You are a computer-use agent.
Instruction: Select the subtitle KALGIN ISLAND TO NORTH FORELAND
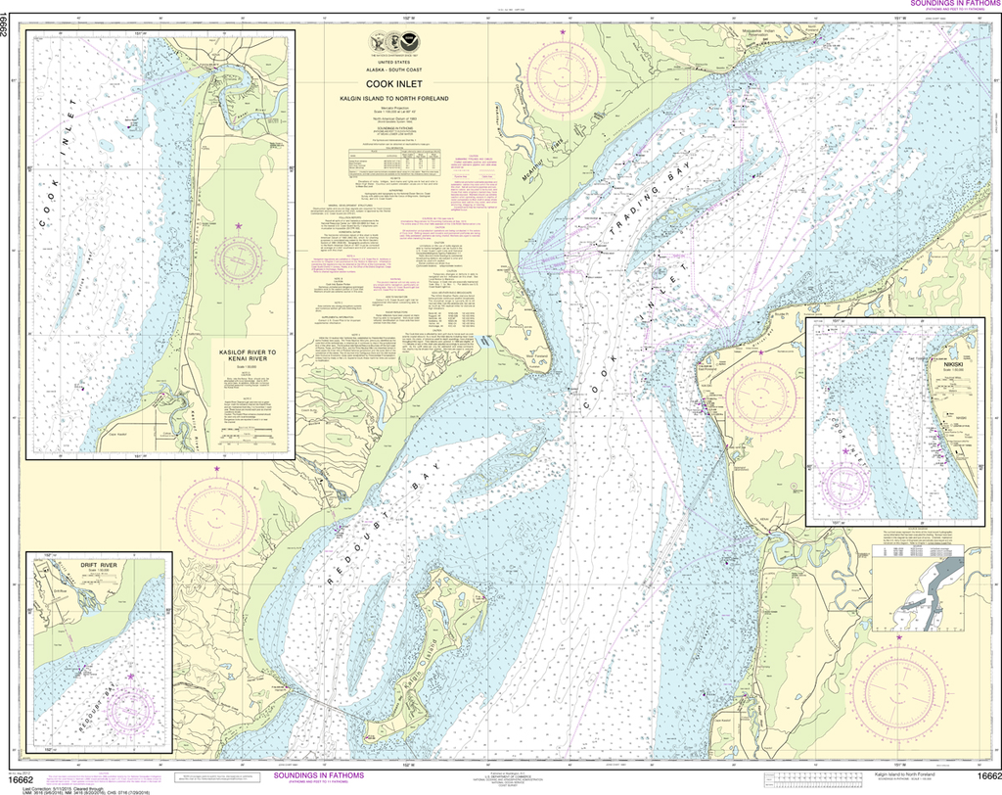(x=407, y=99)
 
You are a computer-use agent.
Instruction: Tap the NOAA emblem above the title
(x=407, y=42)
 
